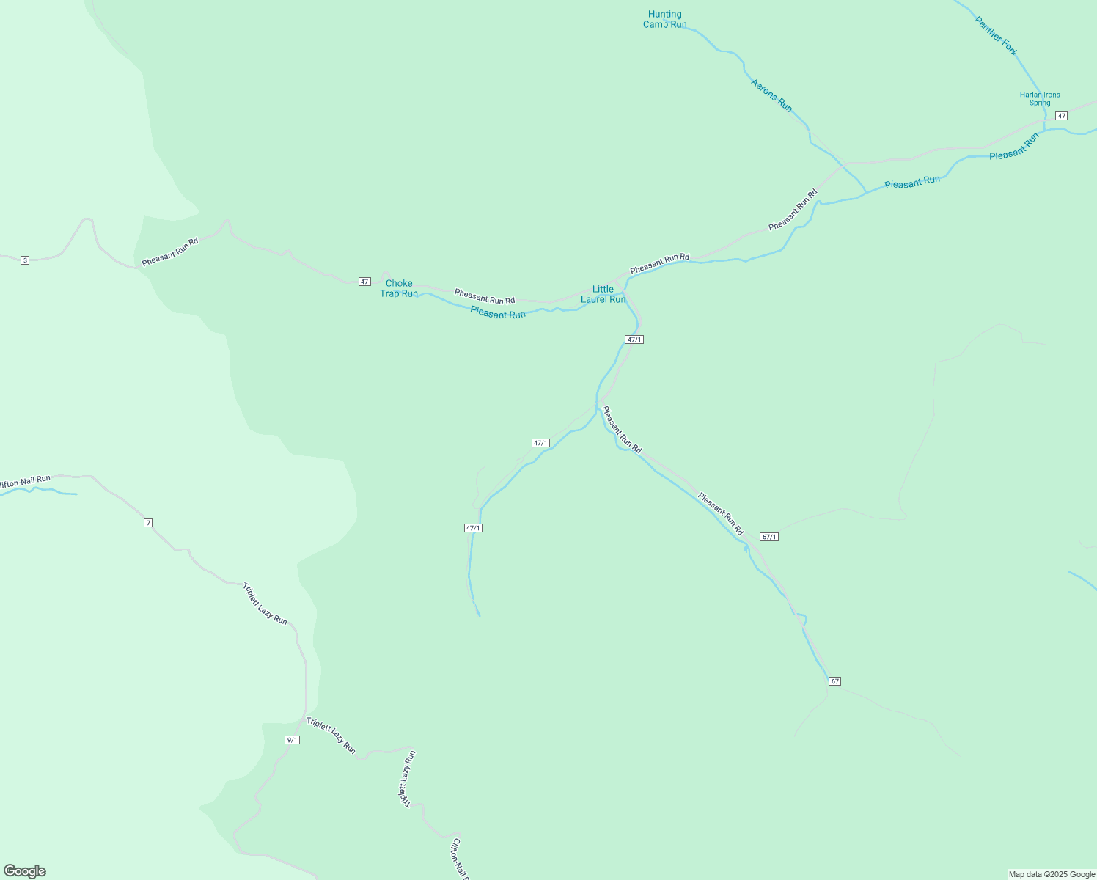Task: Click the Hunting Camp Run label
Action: (x=665, y=19)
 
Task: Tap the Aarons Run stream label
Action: (x=771, y=95)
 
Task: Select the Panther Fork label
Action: (x=996, y=36)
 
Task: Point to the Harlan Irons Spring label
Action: (x=1040, y=98)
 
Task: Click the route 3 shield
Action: (x=25, y=260)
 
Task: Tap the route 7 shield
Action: (x=148, y=523)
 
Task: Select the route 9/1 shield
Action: (x=292, y=740)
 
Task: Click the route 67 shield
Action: (x=834, y=681)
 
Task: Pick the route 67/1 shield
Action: (x=769, y=537)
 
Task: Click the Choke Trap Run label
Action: (x=399, y=288)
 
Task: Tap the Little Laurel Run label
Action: (x=603, y=294)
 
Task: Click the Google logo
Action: (x=25, y=871)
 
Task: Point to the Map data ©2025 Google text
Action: (x=1052, y=874)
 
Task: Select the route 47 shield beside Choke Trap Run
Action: (x=364, y=282)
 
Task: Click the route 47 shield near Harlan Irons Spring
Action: (x=1061, y=116)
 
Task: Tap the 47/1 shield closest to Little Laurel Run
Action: (x=634, y=340)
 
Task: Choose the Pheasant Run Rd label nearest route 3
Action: (x=170, y=251)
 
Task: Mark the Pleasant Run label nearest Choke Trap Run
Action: (x=498, y=313)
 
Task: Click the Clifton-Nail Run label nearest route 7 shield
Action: (x=26, y=482)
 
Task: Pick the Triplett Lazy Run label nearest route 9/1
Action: (x=331, y=735)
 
